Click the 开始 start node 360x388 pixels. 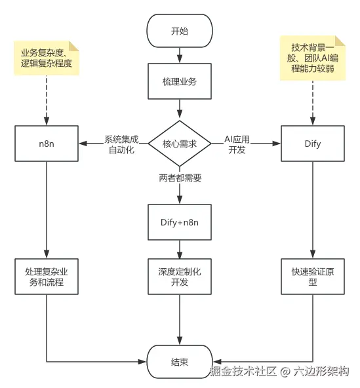(180, 31)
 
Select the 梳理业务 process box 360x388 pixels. (180, 83)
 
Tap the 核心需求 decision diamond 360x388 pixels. (180, 143)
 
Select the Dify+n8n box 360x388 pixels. (180, 223)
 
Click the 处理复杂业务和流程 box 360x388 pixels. (46, 277)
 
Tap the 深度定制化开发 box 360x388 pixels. (180, 277)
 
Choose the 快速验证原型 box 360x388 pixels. (313, 277)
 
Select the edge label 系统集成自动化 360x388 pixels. (121, 144)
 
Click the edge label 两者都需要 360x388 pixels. (180, 178)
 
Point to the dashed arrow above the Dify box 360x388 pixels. (313, 102)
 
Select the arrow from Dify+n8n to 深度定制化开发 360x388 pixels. (180, 250)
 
